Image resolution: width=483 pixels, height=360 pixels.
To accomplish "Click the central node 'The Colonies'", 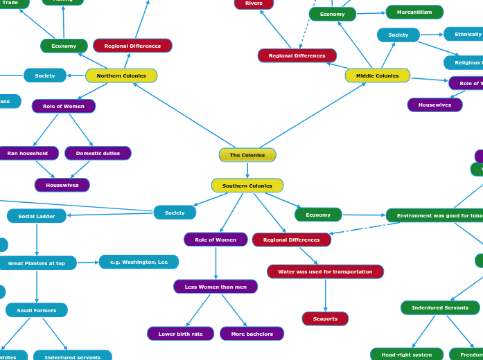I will [247, 155].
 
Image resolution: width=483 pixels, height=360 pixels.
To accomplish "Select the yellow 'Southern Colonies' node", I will [247, 186].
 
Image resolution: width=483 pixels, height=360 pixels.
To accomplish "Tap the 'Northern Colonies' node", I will [121, 75].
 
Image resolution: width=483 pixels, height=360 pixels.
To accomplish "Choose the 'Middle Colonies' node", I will [378, 75].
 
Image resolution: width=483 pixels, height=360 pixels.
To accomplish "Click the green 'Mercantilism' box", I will [414, 12].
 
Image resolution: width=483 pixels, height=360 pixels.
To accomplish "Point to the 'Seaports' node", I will [325, 318].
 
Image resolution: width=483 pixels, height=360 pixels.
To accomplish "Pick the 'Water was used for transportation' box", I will [325, 271].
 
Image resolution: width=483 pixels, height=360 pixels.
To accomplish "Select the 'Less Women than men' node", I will [216, 287].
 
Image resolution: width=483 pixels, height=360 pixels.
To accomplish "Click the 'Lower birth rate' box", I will [180, 334].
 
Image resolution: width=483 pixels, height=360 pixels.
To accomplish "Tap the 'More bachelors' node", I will [252, 334].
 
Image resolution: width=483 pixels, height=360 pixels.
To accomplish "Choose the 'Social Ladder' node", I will [37, 216].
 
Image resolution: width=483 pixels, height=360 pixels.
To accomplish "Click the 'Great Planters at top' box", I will [37, 263].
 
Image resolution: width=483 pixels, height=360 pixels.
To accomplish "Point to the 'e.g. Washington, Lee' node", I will [139, 262].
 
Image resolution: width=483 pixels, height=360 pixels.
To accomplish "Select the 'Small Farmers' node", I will [37, 310].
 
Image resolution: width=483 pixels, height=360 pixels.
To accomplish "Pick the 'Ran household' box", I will [28, 153].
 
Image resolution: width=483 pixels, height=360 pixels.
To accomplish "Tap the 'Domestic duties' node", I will [98, 153].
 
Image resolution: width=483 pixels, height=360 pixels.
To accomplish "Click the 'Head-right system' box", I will [407, 354].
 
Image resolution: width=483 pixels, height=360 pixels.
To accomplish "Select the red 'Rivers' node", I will [254, 3].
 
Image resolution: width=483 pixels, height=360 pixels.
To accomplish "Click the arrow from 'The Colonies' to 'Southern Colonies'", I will [247, 170].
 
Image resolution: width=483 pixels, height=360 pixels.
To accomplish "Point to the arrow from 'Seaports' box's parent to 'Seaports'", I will [325, 295].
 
